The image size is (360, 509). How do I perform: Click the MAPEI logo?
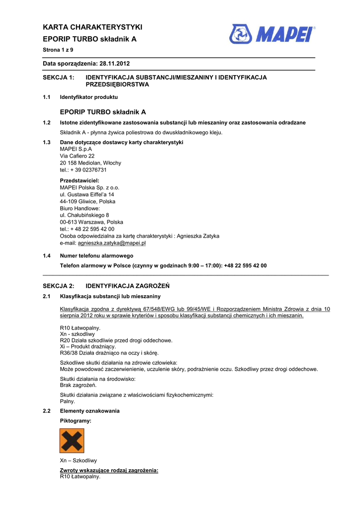(x=272, y=34)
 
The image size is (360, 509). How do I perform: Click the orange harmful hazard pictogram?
(x=72, y=441)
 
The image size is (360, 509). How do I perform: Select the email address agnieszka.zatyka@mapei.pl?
(x=111, y=244)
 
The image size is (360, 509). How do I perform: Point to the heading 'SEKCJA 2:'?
(x=58, y=286)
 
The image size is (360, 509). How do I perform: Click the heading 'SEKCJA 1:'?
(x=58, y=78)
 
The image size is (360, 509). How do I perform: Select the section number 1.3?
(x=47, y=143)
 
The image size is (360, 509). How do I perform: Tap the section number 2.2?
(x=47, y=411)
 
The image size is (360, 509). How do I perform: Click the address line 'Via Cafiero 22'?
(x=77, y=156)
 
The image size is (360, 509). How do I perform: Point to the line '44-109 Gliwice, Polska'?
(x=88, y=202)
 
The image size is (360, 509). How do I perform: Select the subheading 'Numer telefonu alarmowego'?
(x=96, y=255)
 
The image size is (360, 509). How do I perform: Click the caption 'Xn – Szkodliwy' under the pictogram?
(x=78, y=461)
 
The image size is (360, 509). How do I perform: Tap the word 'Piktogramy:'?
(x=76, y=421)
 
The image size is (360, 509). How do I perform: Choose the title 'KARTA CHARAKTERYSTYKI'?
(x=92, y=27)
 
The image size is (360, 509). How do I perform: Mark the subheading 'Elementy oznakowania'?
(x=90, y=411)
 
